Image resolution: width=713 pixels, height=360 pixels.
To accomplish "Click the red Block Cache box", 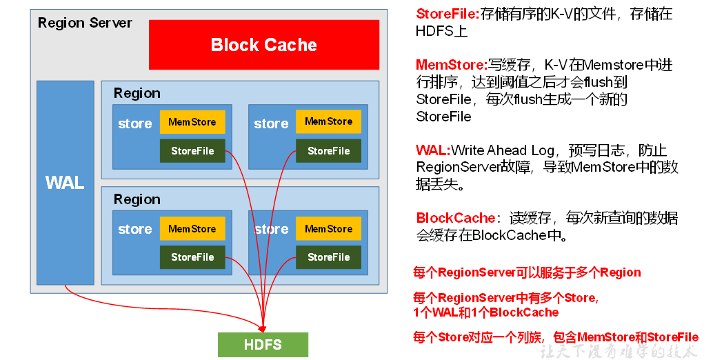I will coord(264,45).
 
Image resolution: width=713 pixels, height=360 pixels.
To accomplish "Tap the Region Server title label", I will coord(85,23).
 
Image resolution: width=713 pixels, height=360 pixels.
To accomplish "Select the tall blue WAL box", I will coord(65,183).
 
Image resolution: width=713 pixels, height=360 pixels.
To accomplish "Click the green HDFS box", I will coord(263,344).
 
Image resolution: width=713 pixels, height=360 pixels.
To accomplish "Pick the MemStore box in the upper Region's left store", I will coord(192,122).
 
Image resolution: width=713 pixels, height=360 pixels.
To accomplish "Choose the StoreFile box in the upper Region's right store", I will coord(328,151).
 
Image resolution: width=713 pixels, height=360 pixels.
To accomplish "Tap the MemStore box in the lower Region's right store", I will coord(328,229).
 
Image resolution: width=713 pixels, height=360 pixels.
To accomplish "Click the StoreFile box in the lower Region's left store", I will coord(192,257).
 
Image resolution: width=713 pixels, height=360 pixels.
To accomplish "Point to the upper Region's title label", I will coord(137,93).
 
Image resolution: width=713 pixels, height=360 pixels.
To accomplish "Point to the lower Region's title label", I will coord(137,199).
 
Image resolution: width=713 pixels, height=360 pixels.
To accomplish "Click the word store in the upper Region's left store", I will coord(135,124).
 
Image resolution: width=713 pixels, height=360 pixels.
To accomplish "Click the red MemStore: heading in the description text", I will coord(452,65).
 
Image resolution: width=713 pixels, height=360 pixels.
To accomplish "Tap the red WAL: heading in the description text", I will coord(433,150).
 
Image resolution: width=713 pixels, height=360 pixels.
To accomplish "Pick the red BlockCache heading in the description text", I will coord(456,219).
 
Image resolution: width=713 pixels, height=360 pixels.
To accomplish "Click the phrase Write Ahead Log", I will coord(506,150).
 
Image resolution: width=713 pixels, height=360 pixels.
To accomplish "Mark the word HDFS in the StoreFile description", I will coord(432,31).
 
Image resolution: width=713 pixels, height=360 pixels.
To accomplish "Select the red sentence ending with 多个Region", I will coord(527,272).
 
